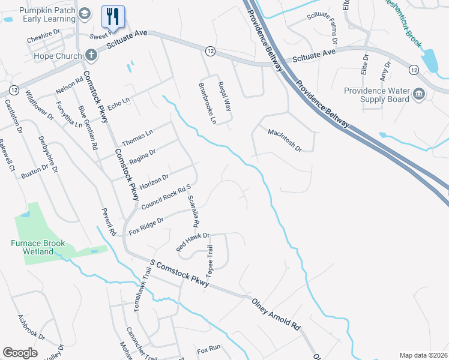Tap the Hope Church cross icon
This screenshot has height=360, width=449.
coord(91,56)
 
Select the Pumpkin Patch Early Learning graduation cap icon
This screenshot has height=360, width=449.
coord(85,13)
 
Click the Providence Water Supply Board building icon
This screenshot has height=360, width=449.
coord(418,93)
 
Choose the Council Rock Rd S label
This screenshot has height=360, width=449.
coord(166,197)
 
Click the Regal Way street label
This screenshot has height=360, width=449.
coord(224,97)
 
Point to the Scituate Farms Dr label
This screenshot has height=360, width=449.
coord(322,29)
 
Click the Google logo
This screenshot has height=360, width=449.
coord(20,353)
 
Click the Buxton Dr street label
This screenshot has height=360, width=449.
coord(34,173)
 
